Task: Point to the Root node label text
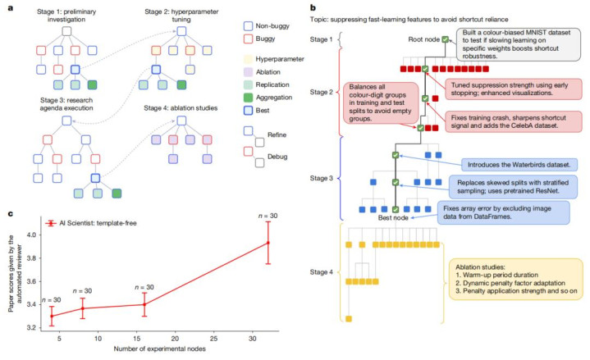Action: (x=423, y=39)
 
